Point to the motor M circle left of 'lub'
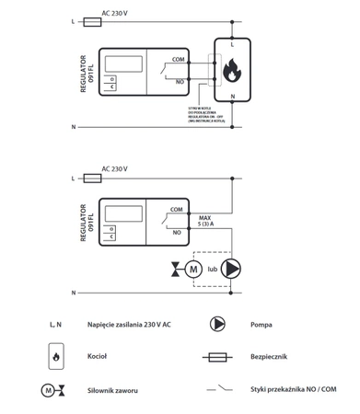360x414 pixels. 193,269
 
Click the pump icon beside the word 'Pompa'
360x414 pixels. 219,324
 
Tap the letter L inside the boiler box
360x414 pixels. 232,44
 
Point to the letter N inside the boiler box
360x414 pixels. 232,96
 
